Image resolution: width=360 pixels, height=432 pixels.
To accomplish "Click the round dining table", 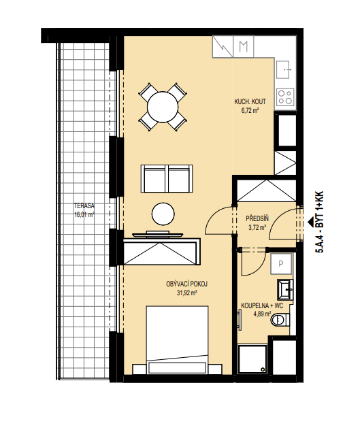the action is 163,107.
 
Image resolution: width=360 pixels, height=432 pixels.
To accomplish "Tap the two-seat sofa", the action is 167,178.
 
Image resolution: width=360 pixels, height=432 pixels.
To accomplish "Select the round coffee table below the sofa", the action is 163,214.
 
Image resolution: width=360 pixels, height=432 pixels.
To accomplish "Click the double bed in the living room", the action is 177,339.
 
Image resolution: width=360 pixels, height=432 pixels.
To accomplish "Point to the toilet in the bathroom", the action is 280,320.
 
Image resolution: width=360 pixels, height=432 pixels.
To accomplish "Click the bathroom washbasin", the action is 285,289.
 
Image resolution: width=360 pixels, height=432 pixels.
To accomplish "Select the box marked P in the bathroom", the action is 281,264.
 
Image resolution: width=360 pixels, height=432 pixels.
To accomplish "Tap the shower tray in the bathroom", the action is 252,359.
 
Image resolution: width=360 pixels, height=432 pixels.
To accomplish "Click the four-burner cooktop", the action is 285,97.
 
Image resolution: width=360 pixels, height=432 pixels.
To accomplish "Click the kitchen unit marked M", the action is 243,46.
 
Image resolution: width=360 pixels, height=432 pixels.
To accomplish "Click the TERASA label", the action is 84,206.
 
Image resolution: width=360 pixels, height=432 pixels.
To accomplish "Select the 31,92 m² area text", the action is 187,293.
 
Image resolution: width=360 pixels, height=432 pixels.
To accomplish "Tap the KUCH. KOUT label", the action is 250,101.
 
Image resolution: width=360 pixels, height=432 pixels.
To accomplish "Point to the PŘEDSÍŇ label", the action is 257,219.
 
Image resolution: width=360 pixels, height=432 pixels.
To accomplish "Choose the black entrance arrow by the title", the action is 311,220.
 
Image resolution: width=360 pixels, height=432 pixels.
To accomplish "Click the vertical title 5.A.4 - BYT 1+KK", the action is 319,222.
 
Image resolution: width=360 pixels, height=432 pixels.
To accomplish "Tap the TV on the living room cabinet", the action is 157,234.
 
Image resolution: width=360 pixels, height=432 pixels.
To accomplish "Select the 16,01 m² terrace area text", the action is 84,215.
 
